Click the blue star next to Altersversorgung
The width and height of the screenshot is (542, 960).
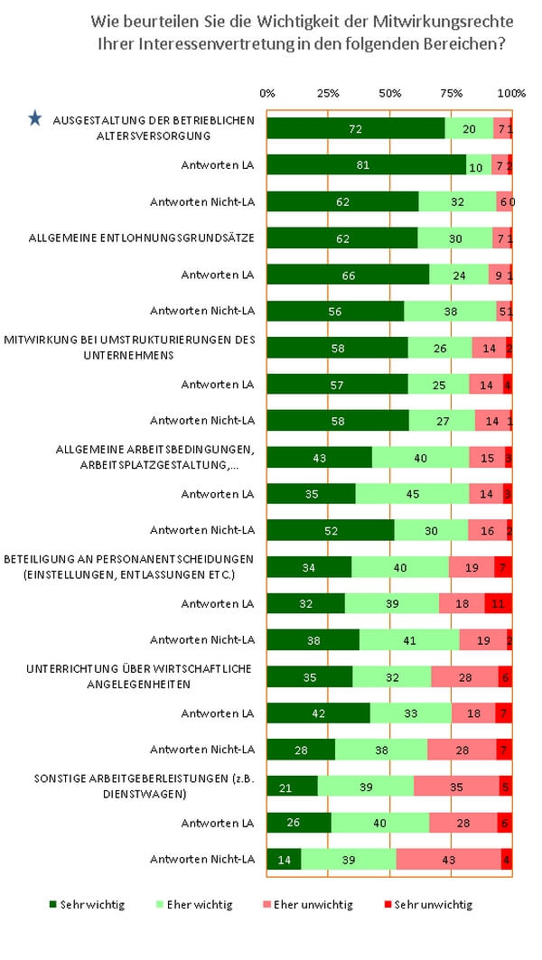tap(34, 118)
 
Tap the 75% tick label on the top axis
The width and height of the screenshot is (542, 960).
tap(452, 93)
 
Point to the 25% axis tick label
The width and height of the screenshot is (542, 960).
tap(329, 93)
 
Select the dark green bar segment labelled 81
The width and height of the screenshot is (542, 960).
tap(366, 164)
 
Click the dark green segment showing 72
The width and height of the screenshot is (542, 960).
tap(355, 128)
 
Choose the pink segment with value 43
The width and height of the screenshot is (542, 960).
tap(448, 860)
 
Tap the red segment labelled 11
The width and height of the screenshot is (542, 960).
tap(498, 603)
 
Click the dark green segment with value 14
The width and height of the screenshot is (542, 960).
tap(284, 860)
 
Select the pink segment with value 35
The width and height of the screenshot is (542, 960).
tap(456, 787)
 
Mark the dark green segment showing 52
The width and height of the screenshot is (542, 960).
tap(330, 530)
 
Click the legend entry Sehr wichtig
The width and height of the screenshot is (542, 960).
tap(87, 904)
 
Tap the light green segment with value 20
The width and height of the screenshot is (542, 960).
tap(469, 128)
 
